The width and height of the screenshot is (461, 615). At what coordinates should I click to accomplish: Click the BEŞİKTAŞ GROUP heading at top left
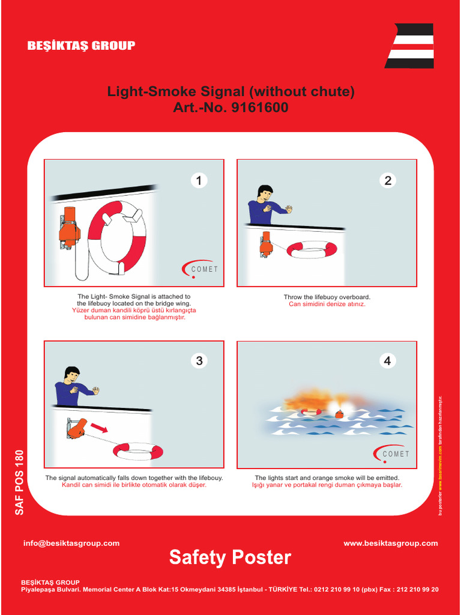(x=81, y=46)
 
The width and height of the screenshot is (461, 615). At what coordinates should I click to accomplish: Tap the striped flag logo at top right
(x=410, y=46)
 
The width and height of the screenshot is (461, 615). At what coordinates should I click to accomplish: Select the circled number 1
(x=199, y=180)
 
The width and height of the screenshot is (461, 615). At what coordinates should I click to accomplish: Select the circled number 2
(x=388, y=180)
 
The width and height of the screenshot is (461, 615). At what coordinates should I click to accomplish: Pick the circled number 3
(x=199, y=360)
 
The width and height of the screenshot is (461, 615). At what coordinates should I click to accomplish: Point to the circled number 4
(x=388, y=360)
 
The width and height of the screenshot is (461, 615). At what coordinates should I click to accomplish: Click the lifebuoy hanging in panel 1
(x=117, y=237)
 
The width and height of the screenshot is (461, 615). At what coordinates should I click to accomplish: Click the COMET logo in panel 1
(x=200, y=269)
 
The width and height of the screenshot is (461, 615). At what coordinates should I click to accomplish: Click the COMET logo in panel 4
(x=392, y=453)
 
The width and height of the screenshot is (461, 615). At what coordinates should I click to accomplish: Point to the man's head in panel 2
(x=265, y=193)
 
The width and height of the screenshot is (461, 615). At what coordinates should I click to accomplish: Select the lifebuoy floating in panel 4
(x=312, y=412)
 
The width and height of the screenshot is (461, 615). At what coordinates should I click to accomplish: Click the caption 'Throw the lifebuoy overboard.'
(x=327, y=297)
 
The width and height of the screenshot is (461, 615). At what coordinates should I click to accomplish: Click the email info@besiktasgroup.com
(x=71, y=543)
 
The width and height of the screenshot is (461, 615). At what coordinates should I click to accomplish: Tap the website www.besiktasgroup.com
(x=390, y=543)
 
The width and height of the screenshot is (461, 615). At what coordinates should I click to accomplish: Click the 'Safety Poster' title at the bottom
(x=230, y=557)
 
